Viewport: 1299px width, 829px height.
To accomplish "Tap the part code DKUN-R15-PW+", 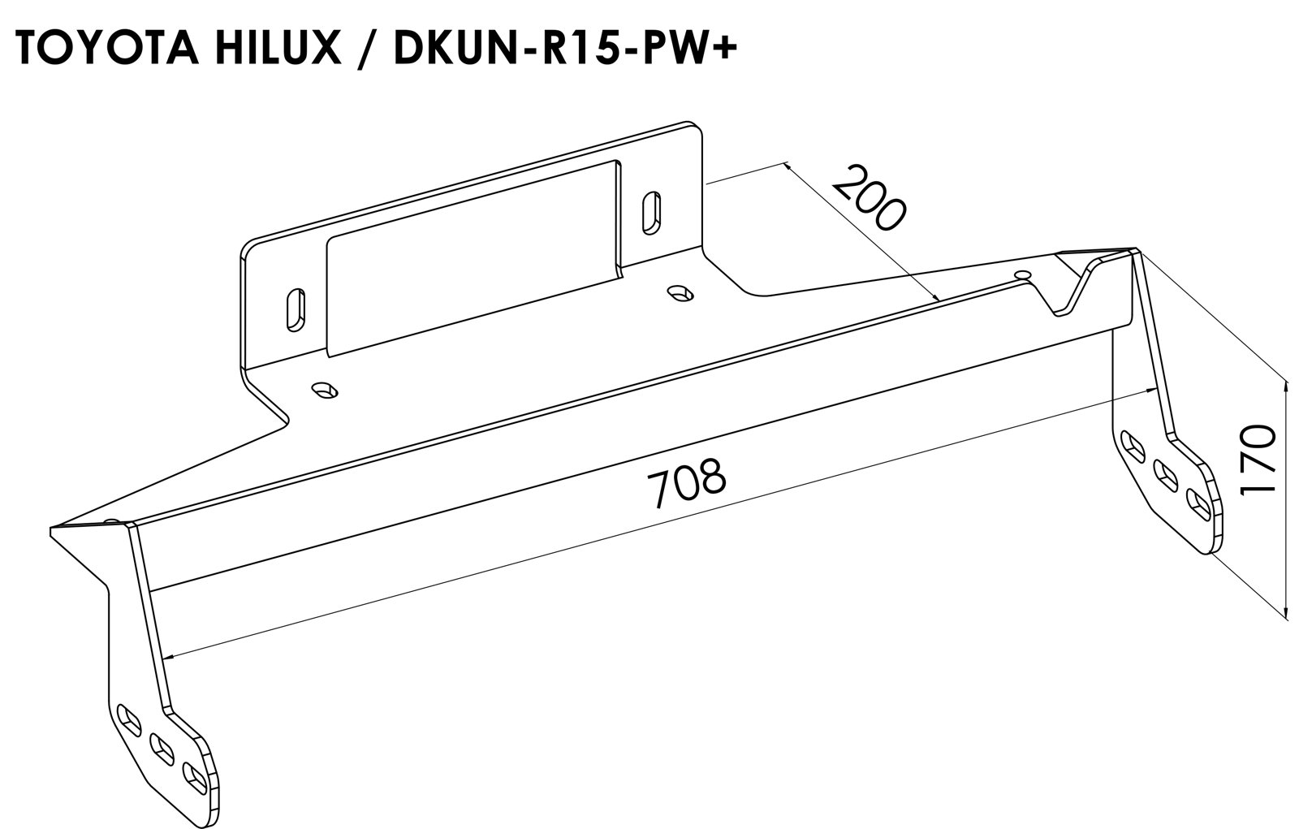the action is pyautogui.click(x=565, y=48).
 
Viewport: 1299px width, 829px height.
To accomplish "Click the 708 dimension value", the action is pyautogui.click(x=686, y=481).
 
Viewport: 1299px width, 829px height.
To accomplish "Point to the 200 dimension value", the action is pyautogui.click(x=868, y=197).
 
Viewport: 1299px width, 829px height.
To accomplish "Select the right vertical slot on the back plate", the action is pyautogui.click(x=653, y=213).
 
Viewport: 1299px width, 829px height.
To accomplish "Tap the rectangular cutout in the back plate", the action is pyautogui.click(x=473, y=257).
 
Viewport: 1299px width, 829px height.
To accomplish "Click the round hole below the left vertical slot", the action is pyautogui.click(x=325, y=390).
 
